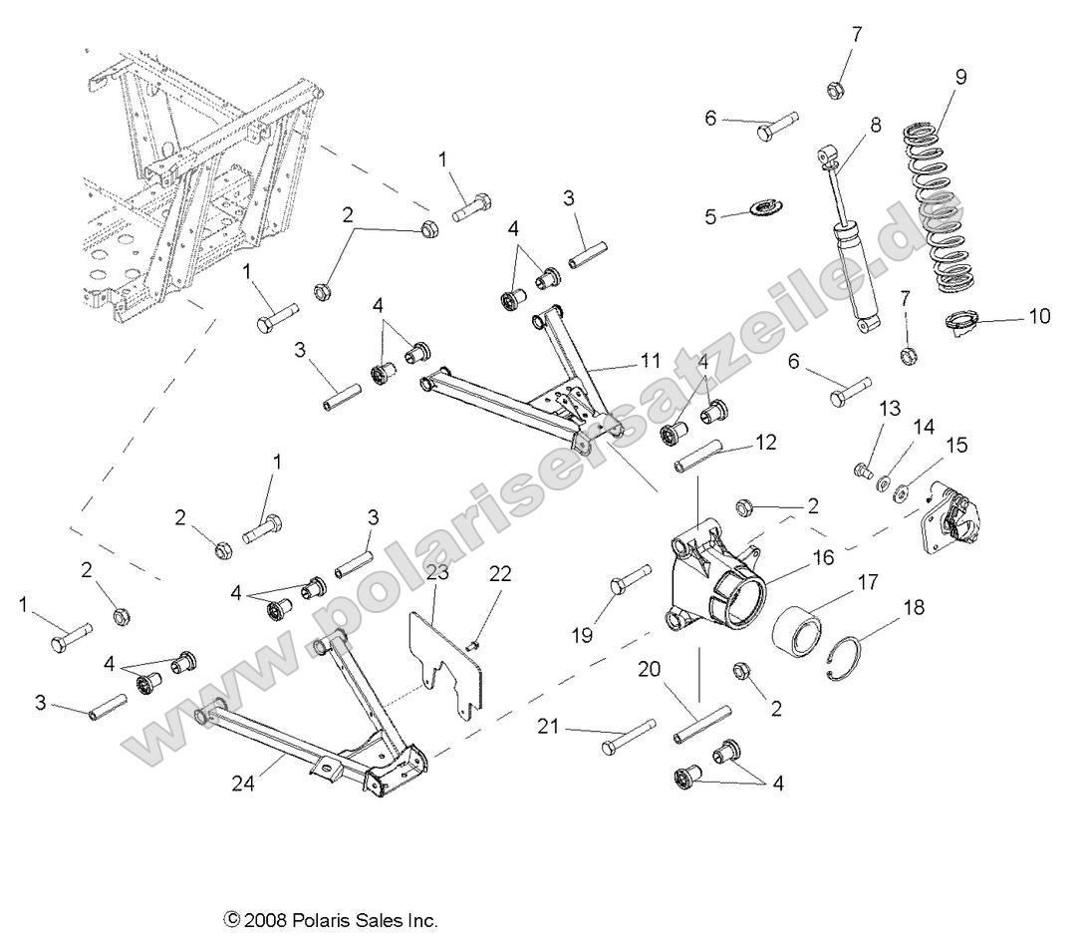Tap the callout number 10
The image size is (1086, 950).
[1039, 318]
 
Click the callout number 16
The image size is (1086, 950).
[823, 558]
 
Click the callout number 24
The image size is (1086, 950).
[244, 785]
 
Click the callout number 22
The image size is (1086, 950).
[499, 573]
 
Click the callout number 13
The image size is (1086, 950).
[861, 408]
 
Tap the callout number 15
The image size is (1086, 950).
[955, 446]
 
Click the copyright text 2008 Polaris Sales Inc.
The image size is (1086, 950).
[332, 920]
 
